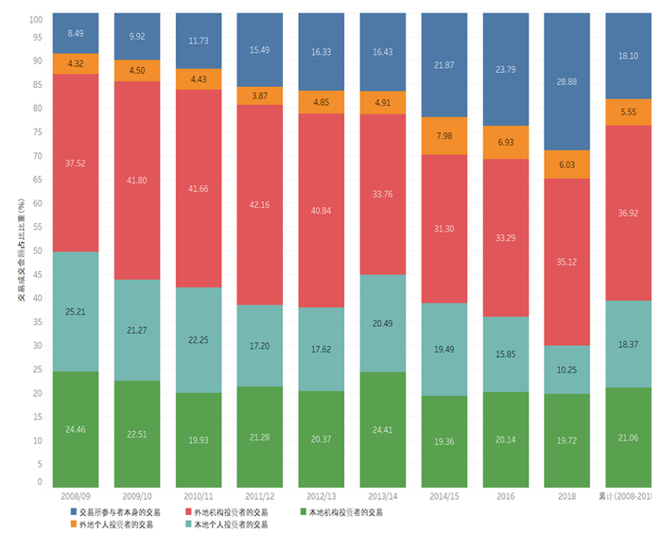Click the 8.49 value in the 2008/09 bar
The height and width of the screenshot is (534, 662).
click(76, 34)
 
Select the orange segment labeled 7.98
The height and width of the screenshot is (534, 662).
click(444, 135)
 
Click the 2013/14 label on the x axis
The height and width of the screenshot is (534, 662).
click(383, 495)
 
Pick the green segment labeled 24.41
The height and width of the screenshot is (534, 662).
click(383, 430)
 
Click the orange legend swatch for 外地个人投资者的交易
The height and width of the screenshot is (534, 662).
click(74, 525)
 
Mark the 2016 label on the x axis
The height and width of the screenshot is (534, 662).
click(506, 495)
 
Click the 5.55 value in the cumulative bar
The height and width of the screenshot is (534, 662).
click(629, 112)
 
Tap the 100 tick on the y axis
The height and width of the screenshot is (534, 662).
click(36, 19)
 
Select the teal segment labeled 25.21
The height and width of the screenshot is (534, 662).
click(76, 311)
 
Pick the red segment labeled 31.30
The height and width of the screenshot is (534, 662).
click(444, 229)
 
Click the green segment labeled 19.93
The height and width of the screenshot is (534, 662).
click(199, 439)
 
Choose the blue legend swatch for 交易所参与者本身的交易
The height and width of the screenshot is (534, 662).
click(74, 512)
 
